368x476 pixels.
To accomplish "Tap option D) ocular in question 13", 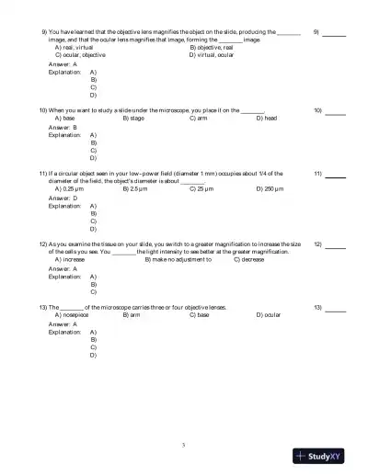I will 269,313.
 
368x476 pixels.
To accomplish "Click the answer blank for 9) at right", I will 335,34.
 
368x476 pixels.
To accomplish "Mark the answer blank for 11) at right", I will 335,175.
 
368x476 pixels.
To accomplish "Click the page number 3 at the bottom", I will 184,445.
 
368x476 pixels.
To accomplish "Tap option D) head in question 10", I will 266,119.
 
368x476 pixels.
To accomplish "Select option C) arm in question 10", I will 198,119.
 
